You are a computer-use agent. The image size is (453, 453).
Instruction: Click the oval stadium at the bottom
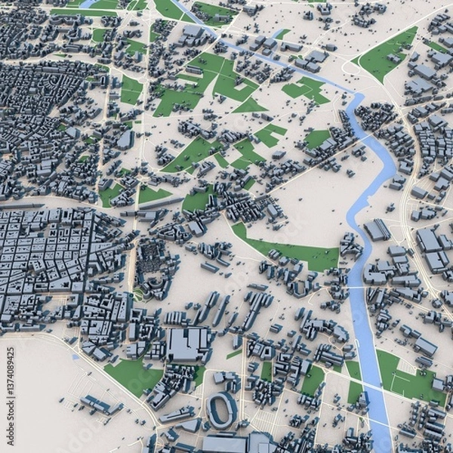pos(221,409)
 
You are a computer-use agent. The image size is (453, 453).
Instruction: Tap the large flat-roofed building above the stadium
pos(188,344)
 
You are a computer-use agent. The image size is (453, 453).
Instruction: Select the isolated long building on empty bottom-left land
pos(100,405)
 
